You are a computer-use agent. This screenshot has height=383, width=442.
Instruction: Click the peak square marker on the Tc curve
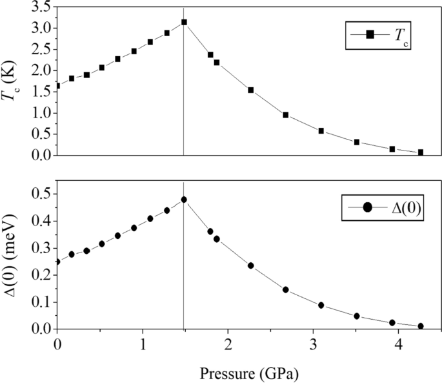click(184, 22)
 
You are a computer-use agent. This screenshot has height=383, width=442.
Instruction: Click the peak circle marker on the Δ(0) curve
click(184, 200)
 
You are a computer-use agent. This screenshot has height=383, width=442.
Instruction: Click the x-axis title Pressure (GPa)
click(249, 373)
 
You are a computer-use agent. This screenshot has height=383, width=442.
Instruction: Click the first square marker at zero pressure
click(57, 85)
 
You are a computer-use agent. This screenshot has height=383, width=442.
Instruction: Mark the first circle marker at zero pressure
click(57, 262)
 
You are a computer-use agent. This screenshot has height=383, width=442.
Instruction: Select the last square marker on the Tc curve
click(421, 152)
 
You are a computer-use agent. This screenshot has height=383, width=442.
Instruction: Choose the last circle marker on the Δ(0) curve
click(421, 326)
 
